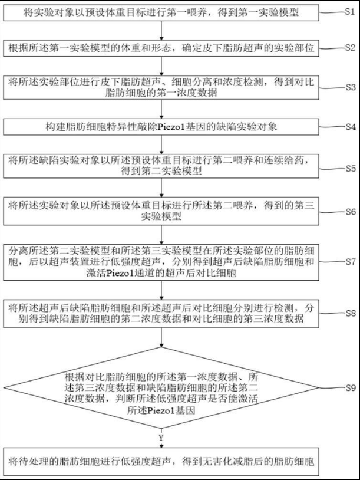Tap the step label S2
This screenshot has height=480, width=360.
click(x=348, y=45)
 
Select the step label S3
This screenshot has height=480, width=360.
click(x=348, y=86)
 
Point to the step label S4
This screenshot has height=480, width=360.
click(x=348, y=126)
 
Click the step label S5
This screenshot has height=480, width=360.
click(x=348, y=167)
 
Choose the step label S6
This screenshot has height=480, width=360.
click(x=348, y=211)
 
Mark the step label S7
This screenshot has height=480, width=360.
click(x=348, y=260)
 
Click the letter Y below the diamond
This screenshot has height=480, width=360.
click(x=161, y=437)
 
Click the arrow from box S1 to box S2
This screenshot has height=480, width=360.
click(x=161, y=31)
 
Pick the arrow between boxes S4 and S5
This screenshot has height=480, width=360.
click(x=161, y=143)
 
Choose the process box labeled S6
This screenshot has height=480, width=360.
click(x=161, y=211)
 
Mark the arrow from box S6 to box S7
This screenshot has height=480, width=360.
click(x=161, y=232)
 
